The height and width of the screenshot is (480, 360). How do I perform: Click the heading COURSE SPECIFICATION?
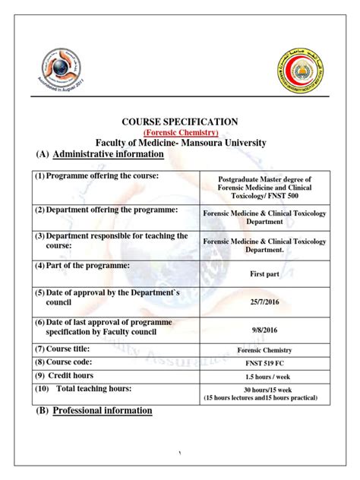(180, 122)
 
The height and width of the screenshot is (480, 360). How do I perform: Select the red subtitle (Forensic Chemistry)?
(180, 132)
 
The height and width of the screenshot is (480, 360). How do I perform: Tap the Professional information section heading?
(103, 411)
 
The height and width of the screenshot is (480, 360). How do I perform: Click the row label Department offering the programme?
(104, 209)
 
